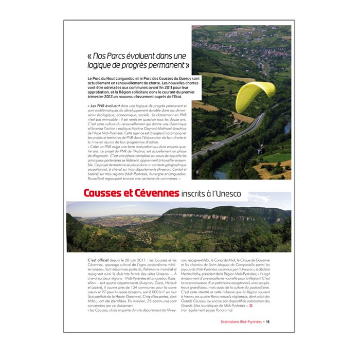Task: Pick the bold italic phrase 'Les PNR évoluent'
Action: pyautogui.click(x=106, y=105)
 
